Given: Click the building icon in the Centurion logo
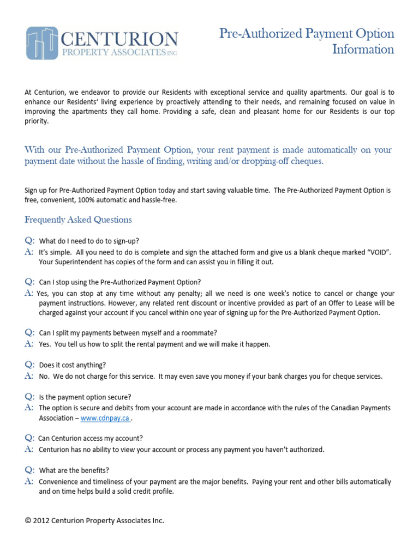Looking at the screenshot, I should (x=42, y=43).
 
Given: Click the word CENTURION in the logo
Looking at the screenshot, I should (x=119, y=39).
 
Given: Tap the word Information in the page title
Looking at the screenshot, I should (x=363, y=50).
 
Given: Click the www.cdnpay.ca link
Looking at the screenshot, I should (x=105, y=418).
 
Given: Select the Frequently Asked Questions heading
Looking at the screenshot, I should (x=78, y=220).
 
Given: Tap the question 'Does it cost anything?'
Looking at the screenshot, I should (x=73, y=365).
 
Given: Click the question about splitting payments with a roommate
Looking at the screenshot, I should (x=128, y=332).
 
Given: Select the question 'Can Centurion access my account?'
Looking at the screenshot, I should (x=91, y=438).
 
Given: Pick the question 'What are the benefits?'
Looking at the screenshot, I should (x=74, y=470).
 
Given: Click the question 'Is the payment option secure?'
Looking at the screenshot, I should (x=85, y=396).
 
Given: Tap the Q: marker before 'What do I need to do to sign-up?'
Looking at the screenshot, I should (x=29, y=240).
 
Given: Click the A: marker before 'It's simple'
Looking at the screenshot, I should (x=29, y=253).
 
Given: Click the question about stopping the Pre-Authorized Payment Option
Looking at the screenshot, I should (x=120, y=282).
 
